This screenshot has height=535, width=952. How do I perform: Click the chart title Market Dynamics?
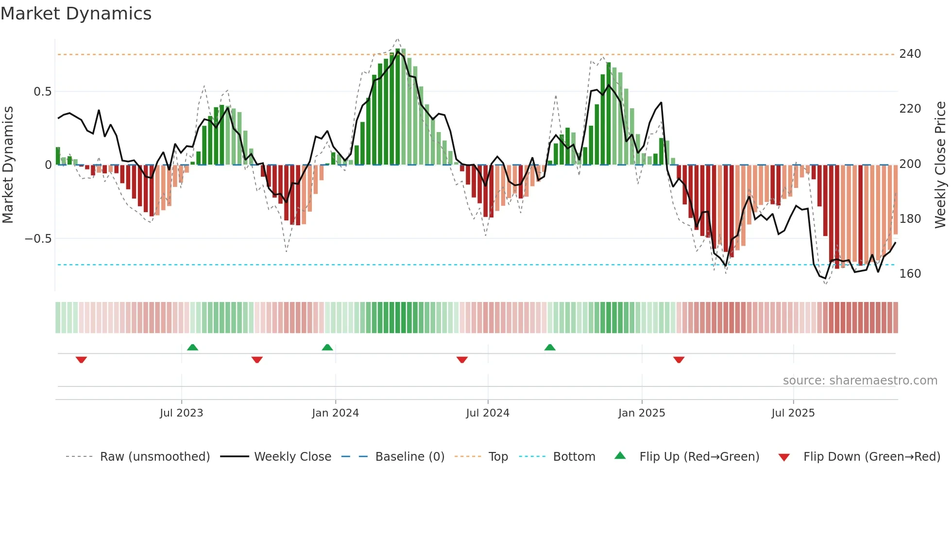(76, 14)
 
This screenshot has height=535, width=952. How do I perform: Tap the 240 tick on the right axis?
(910, 54)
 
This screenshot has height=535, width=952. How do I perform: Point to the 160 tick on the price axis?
(910, 274)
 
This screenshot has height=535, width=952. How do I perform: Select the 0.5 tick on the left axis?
(42, 92)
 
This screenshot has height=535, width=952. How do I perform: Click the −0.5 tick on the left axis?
(38, 239)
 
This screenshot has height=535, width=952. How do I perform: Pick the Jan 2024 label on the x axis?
(335, 413)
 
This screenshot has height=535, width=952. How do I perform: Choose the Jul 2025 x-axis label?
(793, 413)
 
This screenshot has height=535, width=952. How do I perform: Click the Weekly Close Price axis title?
(940, 165)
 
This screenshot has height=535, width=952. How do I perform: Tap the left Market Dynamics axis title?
(8, 165)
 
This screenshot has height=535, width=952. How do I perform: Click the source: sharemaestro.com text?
(860, 381)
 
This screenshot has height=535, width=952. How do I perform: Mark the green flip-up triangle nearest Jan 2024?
(327, 348)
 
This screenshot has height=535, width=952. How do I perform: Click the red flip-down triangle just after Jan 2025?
(679, 360)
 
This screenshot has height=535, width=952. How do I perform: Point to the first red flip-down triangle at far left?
(81, 360)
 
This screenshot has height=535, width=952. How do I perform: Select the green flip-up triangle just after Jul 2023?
(192, 348)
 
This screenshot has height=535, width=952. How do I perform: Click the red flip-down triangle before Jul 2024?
(462, 360)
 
